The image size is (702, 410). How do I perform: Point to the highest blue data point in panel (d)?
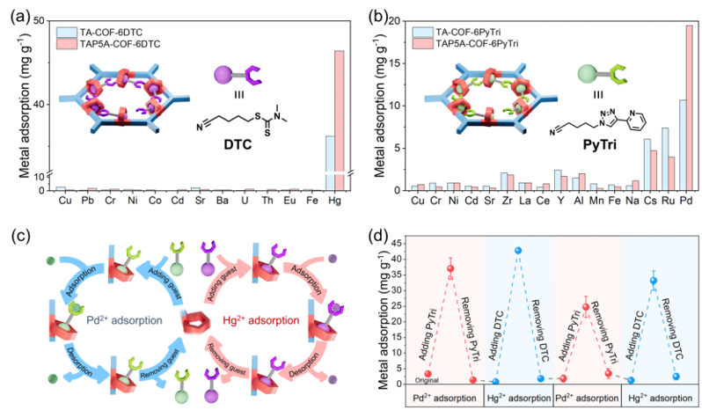click(x=518, y=251)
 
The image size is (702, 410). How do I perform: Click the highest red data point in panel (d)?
click(x=451, y=268)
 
